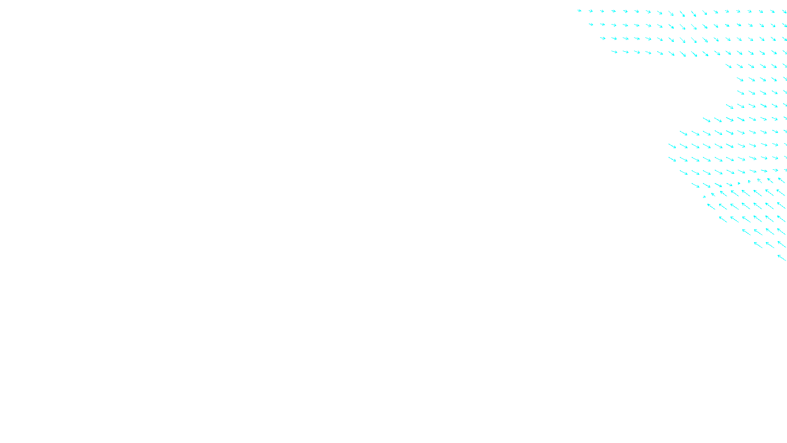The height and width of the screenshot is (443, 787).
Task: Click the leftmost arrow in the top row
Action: (579, 10)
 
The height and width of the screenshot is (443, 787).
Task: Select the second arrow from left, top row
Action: (591, 11)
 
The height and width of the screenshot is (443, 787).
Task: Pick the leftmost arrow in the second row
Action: (591, 24)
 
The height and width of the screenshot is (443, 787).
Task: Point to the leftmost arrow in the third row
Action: (603, 38)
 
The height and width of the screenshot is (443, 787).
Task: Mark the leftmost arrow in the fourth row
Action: (614, 51)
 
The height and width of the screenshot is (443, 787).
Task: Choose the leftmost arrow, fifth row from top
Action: (728, 65)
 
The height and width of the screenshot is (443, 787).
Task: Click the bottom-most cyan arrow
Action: (782, 257)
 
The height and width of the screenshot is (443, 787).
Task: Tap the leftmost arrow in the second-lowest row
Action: (758, 245)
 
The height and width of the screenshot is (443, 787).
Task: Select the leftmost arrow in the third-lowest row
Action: (746, 231)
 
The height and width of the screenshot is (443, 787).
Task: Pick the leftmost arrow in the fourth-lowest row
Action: (723, 219)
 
